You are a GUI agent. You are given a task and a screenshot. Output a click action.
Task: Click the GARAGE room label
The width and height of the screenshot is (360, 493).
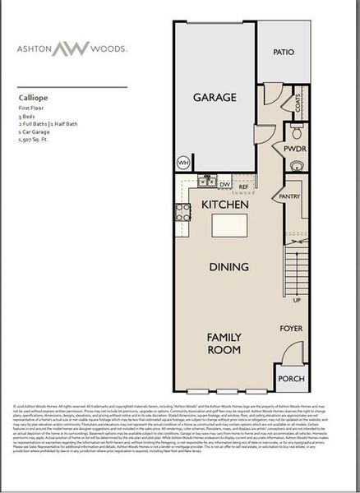click(215, 97)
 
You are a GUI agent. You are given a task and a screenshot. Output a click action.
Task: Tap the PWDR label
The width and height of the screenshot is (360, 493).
click(294, 150)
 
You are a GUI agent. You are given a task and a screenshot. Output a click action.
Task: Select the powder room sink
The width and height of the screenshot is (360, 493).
click(297, 165)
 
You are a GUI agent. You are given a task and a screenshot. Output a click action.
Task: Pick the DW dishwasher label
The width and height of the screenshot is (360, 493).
click(226, 185)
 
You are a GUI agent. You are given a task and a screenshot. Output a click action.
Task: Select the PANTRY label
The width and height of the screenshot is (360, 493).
click(289, 197)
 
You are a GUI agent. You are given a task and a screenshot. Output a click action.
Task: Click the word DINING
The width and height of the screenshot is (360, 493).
click(224, 267)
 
